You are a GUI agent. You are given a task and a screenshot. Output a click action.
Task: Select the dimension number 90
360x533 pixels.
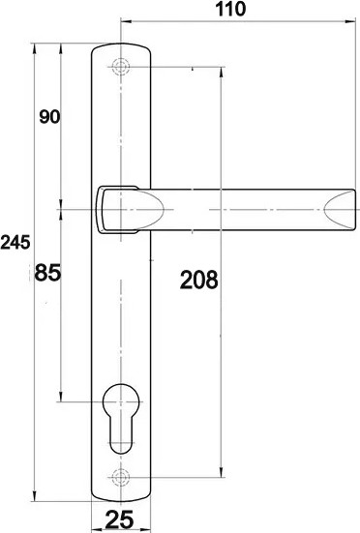[x=48, y=117]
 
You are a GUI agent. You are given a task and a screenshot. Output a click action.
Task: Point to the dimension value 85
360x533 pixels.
[x=48, y=273]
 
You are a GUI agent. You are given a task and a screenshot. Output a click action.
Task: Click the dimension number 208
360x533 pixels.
[x=198, y=281]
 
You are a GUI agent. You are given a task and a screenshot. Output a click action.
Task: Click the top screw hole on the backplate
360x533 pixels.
[x=120, y=67]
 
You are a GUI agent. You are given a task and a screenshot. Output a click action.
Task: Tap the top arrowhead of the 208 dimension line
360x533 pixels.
[x=224, y=72]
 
